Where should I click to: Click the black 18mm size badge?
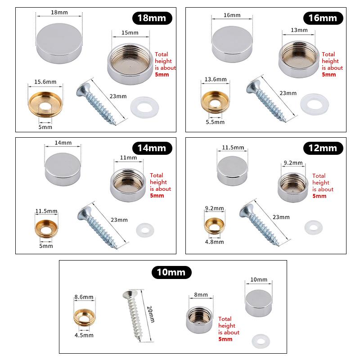(152, 18)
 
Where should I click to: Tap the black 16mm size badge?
(323, 18)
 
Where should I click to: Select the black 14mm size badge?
(152, 148)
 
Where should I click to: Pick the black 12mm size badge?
(323, 148)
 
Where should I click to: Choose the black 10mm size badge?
(171, 272)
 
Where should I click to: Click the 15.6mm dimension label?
(45, 82)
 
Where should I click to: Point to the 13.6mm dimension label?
(216, 79)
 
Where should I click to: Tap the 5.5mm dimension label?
(215, 122)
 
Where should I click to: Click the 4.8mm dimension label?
(215, 242)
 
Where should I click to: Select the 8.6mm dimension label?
(84, 297)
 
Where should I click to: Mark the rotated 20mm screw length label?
(151, 314)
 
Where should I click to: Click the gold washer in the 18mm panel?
(45, 105)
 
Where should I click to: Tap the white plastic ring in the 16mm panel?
(315, 104)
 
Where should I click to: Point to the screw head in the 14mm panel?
(84, 212)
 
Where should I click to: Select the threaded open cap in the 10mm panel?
(199, 319)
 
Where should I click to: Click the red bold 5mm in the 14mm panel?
(157, 196)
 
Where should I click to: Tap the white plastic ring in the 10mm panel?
(261, 341)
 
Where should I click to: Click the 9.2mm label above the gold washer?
(215, 208)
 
